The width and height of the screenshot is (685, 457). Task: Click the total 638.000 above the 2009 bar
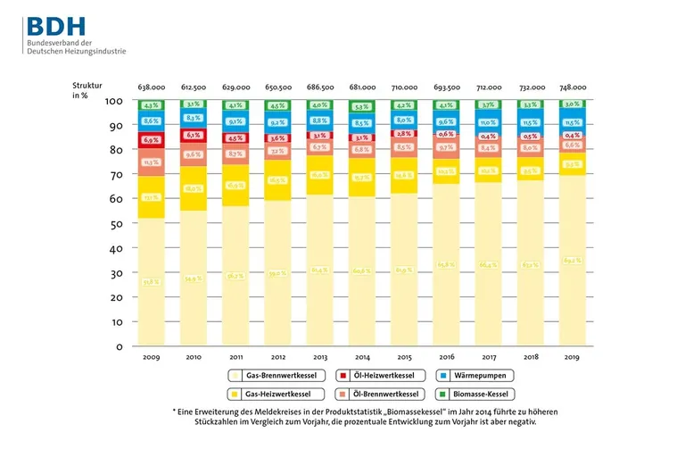pos(152,87)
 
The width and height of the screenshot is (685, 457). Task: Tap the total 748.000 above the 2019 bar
pos(572,87)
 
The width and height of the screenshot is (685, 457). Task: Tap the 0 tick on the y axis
pos(118,345)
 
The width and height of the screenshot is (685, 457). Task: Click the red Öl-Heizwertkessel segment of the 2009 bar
pos(152,140)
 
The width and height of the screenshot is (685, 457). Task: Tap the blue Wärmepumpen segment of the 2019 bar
pos(572,121)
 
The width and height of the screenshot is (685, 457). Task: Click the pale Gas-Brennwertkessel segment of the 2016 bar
pos(446,264)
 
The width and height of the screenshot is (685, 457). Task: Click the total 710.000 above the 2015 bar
pos(404,87)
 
